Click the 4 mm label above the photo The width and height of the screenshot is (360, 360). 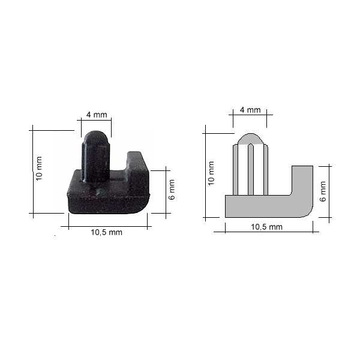coord(97,115)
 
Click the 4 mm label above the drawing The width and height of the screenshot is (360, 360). coord(250,110)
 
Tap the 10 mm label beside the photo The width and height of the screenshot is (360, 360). coord(39,168)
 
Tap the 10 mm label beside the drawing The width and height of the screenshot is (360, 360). coord(211,173)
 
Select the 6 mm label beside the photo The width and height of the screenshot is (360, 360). coord(172,190)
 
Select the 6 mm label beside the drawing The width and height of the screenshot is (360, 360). coord(323,191)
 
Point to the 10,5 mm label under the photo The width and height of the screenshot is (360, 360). coord(107,232)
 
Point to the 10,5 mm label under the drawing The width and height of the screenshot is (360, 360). coord(266,227)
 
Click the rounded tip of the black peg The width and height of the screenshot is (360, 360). coord(97,137)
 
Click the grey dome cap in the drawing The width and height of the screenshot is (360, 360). coord(250,139)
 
